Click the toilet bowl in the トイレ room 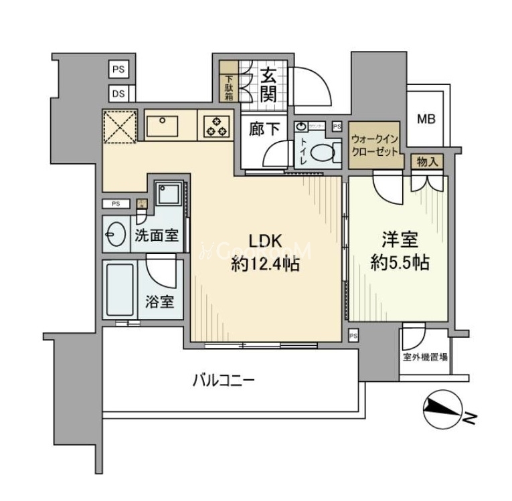point(324,153)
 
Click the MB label point(426,120)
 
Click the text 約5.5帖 point(400,263)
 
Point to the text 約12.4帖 point(266,264)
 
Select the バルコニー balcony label point(223,381)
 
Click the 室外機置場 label point(425,357)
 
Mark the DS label point(118,94)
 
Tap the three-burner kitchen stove point(216,126)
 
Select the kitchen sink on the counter point(162,125)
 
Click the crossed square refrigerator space point(120,126)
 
